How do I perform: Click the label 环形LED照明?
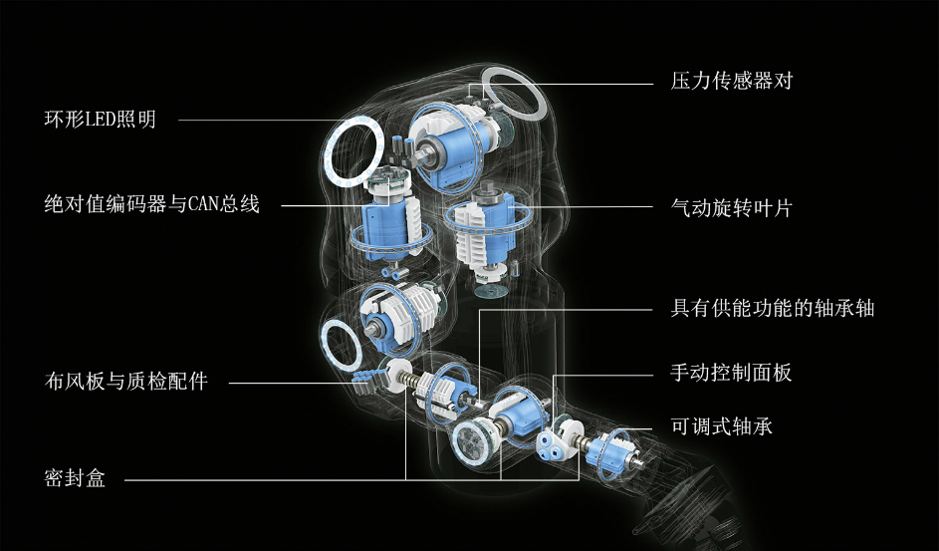point(100,120)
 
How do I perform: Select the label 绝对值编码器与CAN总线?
point(152,204)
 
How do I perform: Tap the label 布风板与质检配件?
point(126,381)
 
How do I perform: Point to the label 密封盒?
point(75,478)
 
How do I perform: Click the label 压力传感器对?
point(732,81)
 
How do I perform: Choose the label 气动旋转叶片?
point(732,208)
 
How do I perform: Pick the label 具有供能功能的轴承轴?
point(773,308)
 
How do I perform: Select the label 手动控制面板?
point(731,373)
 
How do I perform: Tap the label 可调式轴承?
point(722,426)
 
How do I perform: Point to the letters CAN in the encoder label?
point(203,204)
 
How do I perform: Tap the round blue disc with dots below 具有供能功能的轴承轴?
point(472,442)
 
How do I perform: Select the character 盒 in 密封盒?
point(96,478)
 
